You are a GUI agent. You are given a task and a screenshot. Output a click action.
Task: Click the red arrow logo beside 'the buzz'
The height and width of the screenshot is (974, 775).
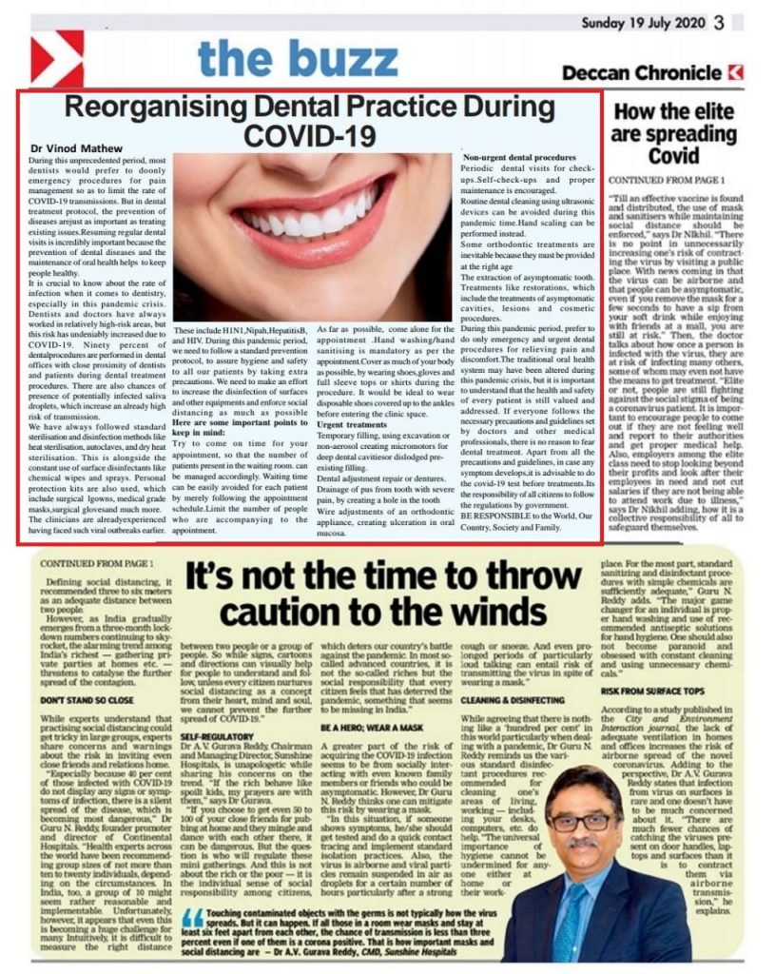click(x=57, y=58)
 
